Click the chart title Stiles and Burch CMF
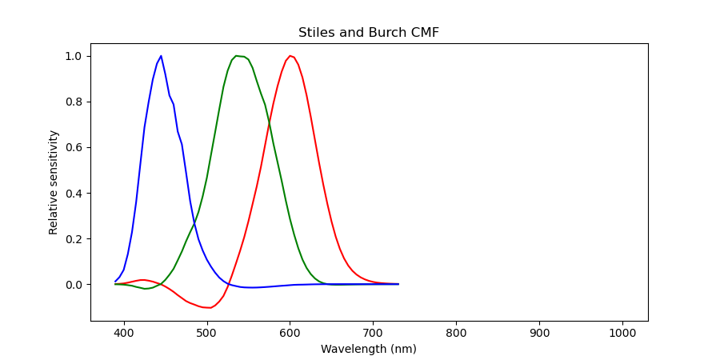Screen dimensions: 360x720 (x=368, y=33)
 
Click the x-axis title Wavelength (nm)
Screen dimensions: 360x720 (x=368, y=349)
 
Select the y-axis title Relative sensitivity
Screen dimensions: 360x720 (x=54, y=182)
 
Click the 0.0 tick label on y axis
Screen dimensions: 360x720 (x=74, y=285)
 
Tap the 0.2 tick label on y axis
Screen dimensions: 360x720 (x=74, y=239)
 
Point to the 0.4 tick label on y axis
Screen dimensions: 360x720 (x=74, y=194)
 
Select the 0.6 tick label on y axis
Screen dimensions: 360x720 (x=74, y=148)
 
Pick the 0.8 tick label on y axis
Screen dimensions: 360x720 (x=74, y=102)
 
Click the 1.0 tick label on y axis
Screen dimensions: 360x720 (x=74, y=57)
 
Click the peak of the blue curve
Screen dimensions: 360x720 (x=161, y=56)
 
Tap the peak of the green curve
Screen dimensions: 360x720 (x=236, y=56)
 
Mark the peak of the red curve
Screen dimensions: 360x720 (x=290, y=56)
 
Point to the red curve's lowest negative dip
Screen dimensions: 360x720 (x=209, y=307)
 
